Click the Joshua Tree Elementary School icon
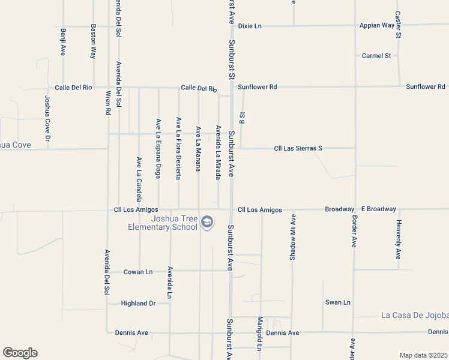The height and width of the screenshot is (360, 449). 207,223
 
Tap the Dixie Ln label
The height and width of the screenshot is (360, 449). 250,26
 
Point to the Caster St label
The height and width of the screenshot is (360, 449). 398,25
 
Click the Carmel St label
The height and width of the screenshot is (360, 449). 376,56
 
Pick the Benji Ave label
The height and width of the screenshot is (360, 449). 63,41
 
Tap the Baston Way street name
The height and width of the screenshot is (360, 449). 93,41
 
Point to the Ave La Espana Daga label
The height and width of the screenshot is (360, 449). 158,148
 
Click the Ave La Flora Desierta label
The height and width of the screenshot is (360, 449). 178,148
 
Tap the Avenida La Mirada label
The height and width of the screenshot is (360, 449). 218,152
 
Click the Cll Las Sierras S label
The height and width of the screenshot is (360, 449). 298,148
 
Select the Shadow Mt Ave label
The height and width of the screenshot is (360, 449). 293,237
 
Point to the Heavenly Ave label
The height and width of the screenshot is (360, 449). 398,239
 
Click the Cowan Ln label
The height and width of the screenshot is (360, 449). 138,272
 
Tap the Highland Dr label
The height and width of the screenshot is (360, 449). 138,304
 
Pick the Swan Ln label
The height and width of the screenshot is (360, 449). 337,302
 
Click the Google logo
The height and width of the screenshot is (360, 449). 20,353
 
